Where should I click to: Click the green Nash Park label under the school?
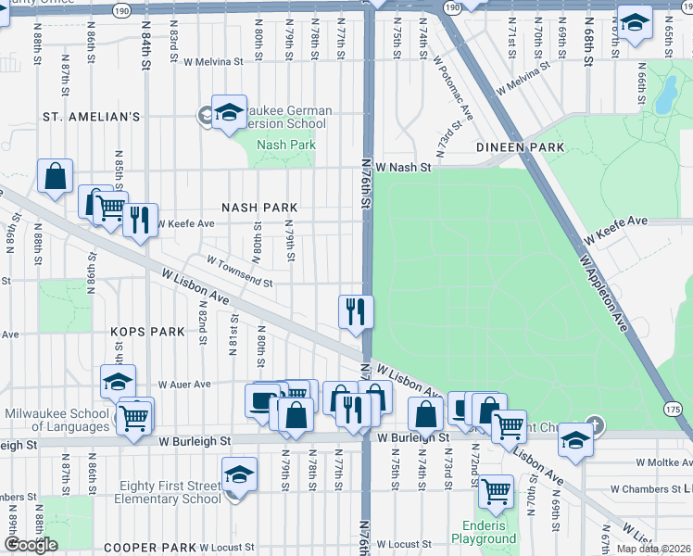tap(286, 145)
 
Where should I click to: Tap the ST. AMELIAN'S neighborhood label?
tap(91, 117)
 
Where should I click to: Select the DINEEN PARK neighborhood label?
tap(520, 147)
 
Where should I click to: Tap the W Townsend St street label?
tap(239, 272)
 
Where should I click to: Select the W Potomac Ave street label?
tap(453, 89)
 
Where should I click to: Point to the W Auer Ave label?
tap(184, 384)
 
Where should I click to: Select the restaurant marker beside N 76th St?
tap(356, 311)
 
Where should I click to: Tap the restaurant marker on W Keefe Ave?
tap(140, 220)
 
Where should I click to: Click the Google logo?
tap(31, 545)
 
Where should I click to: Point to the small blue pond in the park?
tap(664, 92)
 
